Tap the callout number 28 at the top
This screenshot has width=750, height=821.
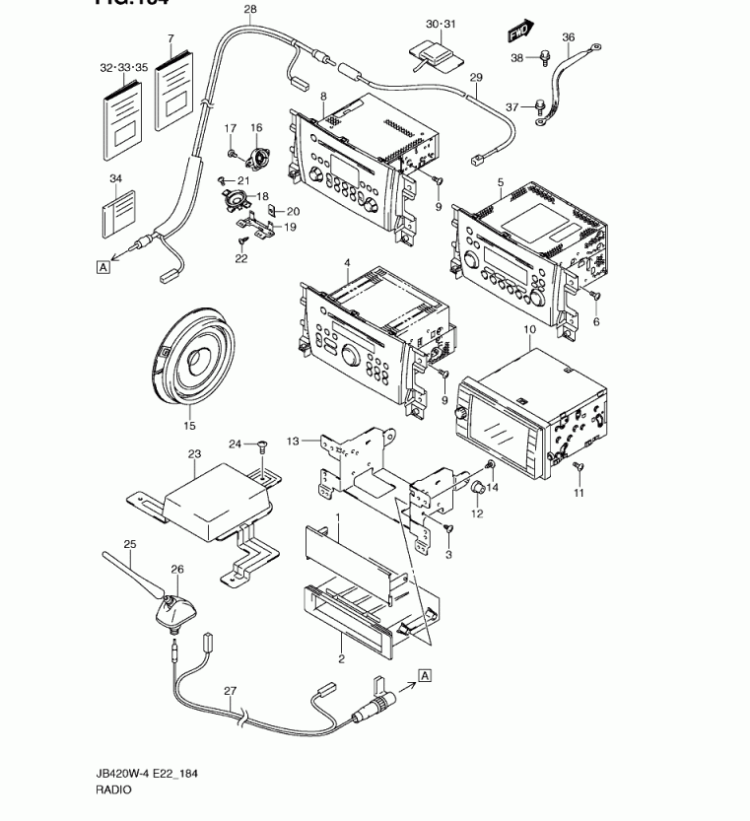249,10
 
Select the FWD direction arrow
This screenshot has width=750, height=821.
521,33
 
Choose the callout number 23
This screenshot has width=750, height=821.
194,455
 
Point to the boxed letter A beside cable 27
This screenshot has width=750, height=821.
425,674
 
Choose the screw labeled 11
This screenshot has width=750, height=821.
579,466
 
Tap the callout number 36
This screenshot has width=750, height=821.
568,37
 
